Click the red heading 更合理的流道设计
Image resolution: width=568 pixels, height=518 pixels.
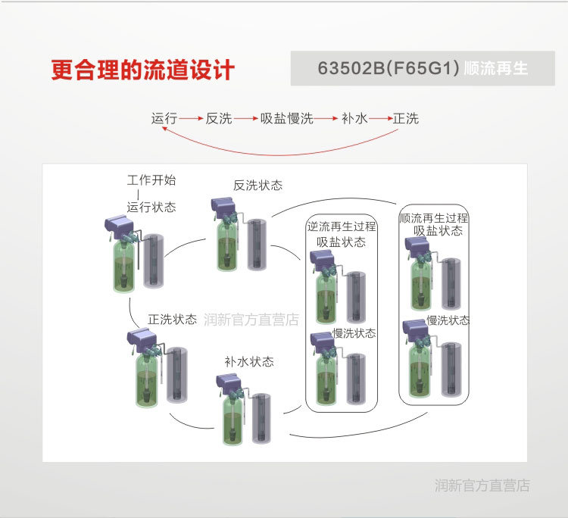(x=142, y=70)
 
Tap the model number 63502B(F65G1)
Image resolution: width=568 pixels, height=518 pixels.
(x=389, y=68)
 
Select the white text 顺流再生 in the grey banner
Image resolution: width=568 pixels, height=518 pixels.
(x=495, y=68)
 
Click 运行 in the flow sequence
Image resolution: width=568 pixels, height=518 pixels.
(x=164, y=118)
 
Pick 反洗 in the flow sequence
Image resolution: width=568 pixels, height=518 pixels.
(x=219, y=118)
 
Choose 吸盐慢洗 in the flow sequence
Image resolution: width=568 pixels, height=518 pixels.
(x=286, y=118)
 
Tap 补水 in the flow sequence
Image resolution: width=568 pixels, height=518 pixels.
(x=354, y=118)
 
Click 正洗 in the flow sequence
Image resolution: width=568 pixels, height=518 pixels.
(x=406, y=118)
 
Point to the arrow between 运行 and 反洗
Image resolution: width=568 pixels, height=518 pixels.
(x=191, y=118)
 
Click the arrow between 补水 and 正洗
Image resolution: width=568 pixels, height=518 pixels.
(x=381, y=118)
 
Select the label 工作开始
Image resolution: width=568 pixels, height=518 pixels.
(x=151, y=180)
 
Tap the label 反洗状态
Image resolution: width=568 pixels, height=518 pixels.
(x=257, y=186)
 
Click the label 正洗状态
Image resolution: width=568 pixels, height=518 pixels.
(x=173, y=319)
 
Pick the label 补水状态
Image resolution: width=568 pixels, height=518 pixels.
(x=249, y=361)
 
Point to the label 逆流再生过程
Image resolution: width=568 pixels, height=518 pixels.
(x=342, y=226)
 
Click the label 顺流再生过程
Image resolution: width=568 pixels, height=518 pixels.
(x=434, y=218)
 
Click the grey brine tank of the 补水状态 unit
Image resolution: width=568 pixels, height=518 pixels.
(x=261, y=418)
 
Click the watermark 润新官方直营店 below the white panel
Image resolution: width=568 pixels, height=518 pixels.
(x=482, y=485)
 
